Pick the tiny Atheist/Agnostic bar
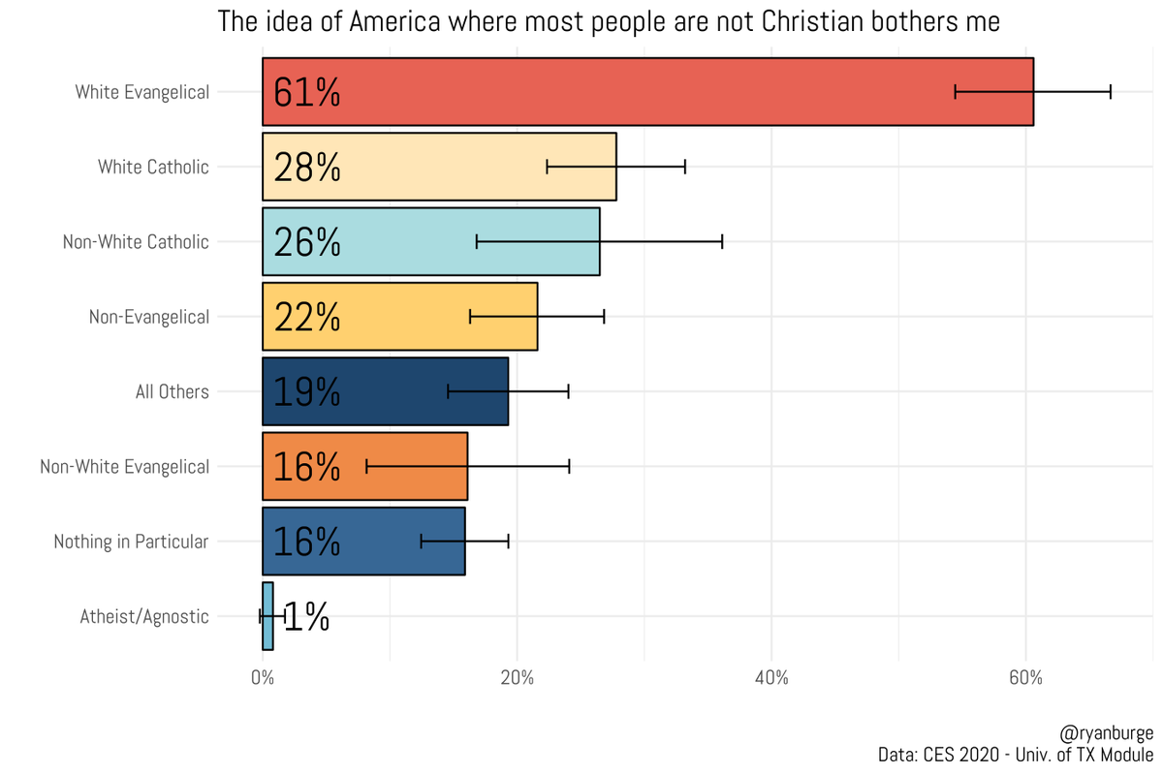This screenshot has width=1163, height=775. point(267,616)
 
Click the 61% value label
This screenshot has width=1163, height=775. point(306,92)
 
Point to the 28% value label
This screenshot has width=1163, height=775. point(306,168)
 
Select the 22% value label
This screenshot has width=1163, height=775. point(306,317)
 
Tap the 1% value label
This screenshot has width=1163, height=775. point(306,617)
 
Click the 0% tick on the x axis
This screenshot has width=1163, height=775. point(263,678)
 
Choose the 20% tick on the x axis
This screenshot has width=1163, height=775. point(517,678)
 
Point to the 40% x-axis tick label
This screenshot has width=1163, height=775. point(771,678)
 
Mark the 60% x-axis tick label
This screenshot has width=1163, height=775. point(1025,678)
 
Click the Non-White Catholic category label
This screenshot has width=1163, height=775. point(136,242)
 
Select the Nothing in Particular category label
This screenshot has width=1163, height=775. point(131,542)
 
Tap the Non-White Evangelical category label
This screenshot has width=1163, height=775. point(124,467)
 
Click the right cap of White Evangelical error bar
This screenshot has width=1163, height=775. point(1111,92)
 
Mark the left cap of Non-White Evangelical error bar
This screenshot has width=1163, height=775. point(366,466)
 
